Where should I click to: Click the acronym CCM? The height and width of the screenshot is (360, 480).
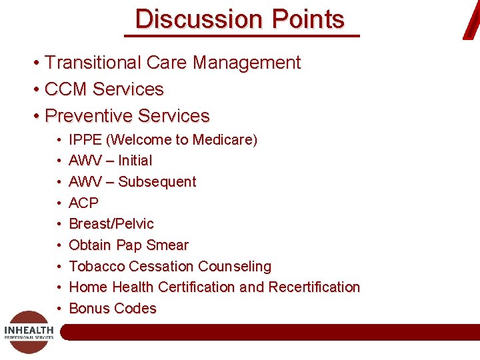coord(66,89)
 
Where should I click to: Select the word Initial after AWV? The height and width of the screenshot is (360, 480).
coord(135,161)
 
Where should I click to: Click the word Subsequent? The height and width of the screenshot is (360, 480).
coord(157,182)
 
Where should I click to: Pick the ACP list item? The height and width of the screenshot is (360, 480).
coord(83,203)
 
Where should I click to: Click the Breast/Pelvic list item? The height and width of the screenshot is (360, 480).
coord(111,224)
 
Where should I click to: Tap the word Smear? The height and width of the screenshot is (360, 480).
coord(167,245)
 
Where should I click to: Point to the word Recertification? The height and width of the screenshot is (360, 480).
coord(314,287)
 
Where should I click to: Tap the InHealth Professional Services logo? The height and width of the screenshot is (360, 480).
coord(29,331)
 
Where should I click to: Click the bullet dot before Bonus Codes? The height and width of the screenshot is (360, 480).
coord(59,309)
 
